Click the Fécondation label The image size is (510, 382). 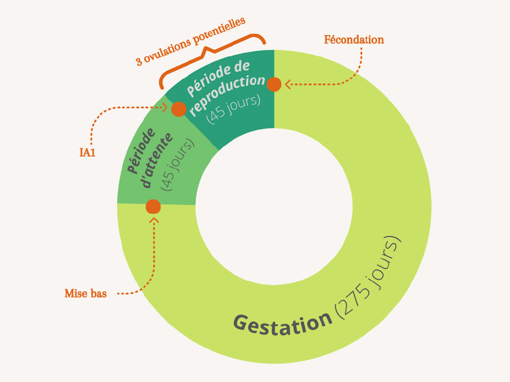pyautogui.click(x=354, y=40)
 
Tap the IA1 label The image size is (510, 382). pyautogui.click(x=87, y=152)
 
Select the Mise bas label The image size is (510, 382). pyautogui.click(x=86, y=293)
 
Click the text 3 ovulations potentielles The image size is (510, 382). pyautogui.click(x=191, y=41)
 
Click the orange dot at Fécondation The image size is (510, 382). pyautogui.click(x=274, y=84)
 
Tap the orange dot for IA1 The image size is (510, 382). pyautogui.click(x=178, y=109)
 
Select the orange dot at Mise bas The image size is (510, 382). pyautogui.click(x=153, y=207)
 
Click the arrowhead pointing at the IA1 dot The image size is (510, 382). pyautogui.click(x=165, y=107)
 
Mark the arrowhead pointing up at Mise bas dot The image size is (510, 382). pyautogui.click(x=154, y=220)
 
